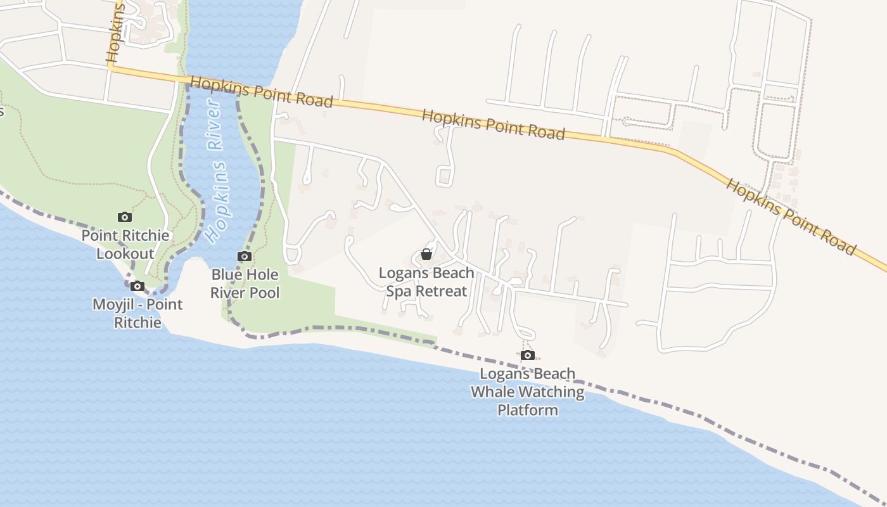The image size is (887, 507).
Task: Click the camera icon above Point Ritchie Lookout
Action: pos(125,217)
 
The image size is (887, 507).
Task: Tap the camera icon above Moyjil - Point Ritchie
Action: pos(137,286)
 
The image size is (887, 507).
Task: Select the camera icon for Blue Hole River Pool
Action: pos(244,257)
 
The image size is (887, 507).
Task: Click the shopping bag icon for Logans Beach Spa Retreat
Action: pos(426,255)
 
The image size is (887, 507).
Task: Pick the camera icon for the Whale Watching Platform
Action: pos(527,356)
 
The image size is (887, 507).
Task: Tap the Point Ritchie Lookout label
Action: pos(125,245)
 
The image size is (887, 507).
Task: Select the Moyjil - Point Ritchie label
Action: pos(137,313)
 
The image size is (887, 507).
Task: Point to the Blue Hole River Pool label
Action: pos(245,283)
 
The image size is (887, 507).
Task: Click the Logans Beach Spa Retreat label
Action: pos(426,282)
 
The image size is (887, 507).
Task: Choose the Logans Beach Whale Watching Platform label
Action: pos(527,392)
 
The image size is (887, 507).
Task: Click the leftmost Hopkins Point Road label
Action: pos(261,92)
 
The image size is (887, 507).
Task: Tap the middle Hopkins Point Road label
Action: pos(493,124)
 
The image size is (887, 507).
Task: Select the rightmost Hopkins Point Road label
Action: pos(791,216)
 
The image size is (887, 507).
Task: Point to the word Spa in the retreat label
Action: pos(399,292)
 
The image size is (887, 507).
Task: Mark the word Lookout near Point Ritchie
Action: pos(125,253)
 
